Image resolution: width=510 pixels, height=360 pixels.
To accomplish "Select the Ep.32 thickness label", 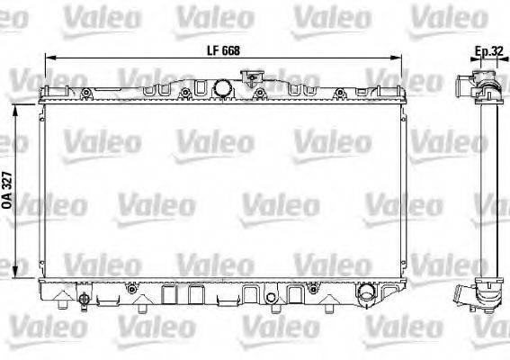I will (488, 51).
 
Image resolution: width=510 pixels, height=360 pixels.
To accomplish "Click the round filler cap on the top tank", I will (222, 88).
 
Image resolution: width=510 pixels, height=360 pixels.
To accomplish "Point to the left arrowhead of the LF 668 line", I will (48, 58).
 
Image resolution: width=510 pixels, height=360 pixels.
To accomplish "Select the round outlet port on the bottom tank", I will (366, 294).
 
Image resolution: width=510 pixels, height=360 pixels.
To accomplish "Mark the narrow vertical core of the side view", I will (488, 189).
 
